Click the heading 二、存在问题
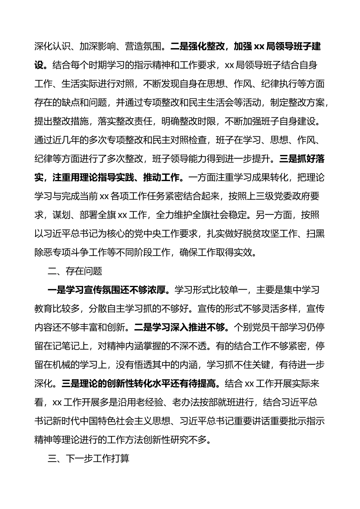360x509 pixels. [x=75, y=271]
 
